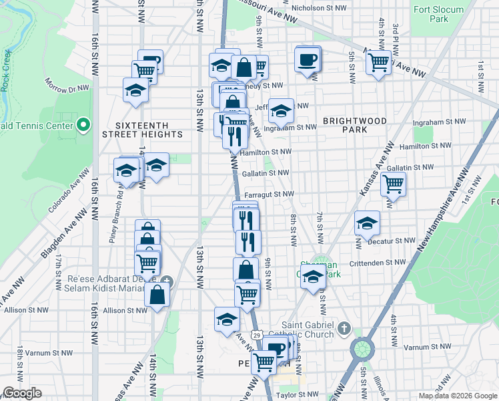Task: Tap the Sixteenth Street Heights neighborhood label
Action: click(142, 130)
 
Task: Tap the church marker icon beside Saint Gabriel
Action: click(344, 328)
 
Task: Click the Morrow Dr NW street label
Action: click(67, 88)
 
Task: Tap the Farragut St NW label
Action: click(270, 194)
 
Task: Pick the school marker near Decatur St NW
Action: click(367, 225)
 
